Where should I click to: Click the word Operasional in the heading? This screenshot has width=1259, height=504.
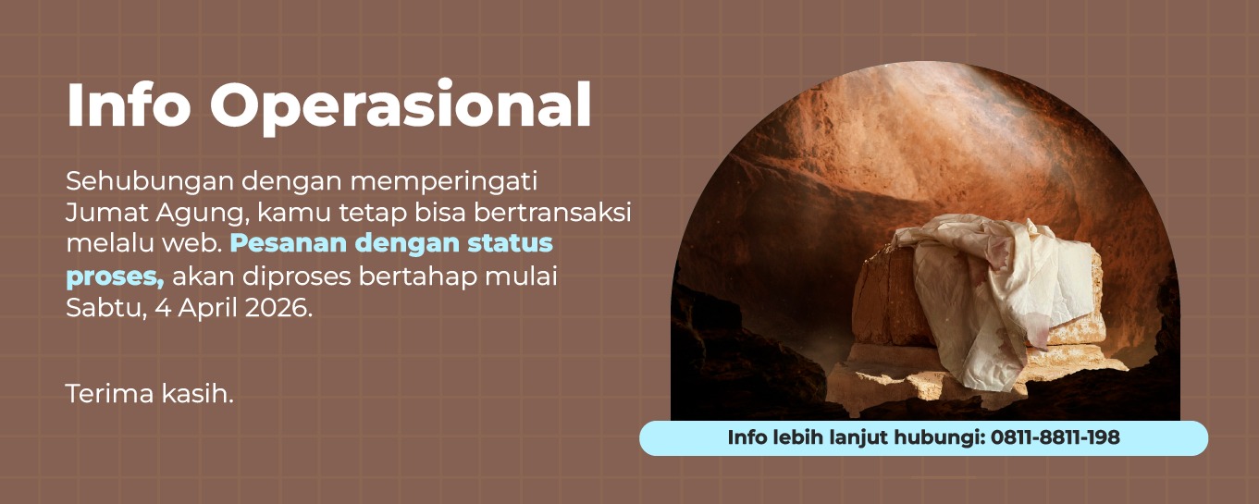[x=401, y=107]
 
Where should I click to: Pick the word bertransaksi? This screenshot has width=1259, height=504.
[x=551, y=212]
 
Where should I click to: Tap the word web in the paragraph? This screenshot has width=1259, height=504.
[x=195, y=244]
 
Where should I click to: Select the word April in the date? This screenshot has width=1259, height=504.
[x=205, y=308]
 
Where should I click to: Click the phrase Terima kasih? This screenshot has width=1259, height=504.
[x=150, y=393]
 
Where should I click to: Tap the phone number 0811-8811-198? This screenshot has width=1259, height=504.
[x=1055, y=438]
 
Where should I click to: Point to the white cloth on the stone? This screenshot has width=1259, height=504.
[x=981, y=296]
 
